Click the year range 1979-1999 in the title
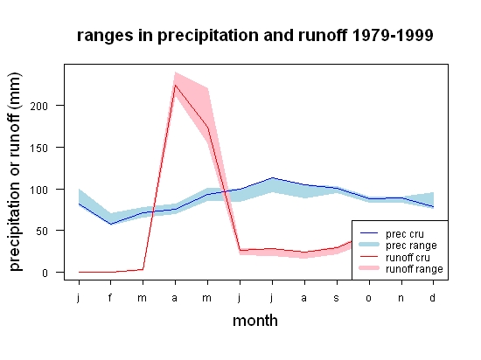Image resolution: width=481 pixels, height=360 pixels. tap(393, 35)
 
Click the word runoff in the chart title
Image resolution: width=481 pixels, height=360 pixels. tap(322, 35)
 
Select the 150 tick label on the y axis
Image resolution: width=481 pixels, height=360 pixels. tap(39, 149)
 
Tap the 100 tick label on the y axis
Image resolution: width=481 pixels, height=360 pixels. tap(39, 190)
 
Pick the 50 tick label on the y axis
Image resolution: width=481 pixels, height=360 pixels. tap(42, 232)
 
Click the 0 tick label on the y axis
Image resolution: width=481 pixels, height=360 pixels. tap(45, 273)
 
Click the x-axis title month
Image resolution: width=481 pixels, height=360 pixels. tap(255, 321)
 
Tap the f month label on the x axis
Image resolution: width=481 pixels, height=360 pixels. tap(110, 297)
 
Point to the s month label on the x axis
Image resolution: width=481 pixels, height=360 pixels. tap(336, 298)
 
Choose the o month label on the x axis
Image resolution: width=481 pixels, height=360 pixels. tap(368, 298)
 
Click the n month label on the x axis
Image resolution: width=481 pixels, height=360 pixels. tap(401, 298)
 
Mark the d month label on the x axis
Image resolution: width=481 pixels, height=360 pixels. tap(432, 297)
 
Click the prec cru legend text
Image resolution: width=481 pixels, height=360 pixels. tap(405, 234)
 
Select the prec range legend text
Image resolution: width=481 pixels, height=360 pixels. tap(411, 246)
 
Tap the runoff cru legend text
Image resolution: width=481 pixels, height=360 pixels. tap(408, 258)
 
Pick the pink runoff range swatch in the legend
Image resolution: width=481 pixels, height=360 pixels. tap(369, 268)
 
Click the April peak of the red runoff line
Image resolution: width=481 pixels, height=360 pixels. tap(175, 85)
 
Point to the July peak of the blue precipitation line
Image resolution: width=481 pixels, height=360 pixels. tap(272, 177)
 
